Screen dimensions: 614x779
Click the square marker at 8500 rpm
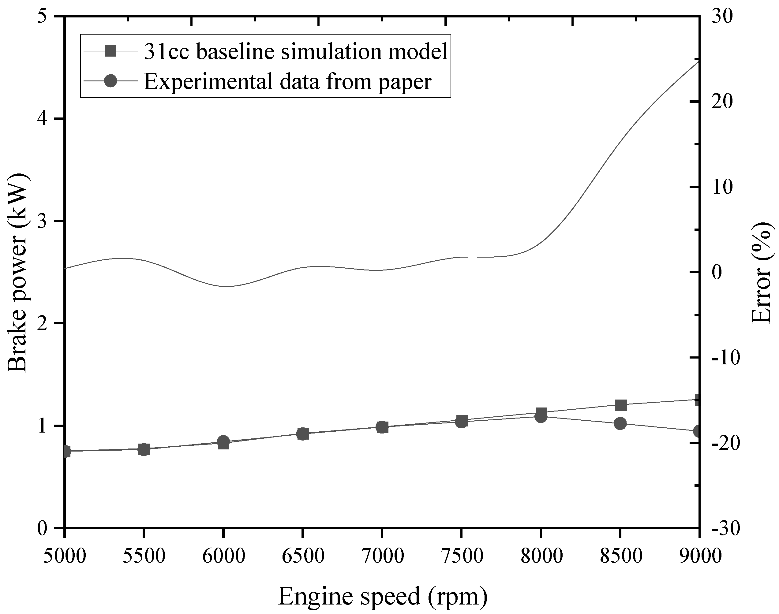[x=620, y=405]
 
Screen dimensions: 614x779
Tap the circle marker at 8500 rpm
[x=620, y=423]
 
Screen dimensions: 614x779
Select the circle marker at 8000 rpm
[x=541, y=417]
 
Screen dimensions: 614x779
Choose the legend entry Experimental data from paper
[x=287, y=81]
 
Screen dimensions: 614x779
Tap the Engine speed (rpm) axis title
[x=383, y=596]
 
